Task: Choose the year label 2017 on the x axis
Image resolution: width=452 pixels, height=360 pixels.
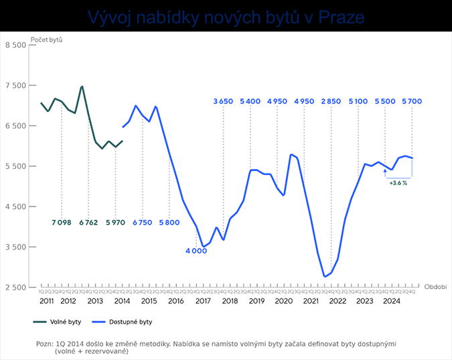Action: (x=202, y=301)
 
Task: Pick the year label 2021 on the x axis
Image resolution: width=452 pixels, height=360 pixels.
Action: (x=311, y=301)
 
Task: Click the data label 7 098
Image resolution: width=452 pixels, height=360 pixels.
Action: (x=62, y=222)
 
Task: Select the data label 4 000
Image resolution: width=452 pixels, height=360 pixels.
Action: (x=197, y=251)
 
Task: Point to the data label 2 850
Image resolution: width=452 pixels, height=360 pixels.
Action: (x=331, y=101)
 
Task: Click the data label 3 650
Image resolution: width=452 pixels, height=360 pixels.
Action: (x=223, y=101)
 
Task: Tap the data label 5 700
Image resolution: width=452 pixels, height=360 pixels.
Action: (x=412, y=101)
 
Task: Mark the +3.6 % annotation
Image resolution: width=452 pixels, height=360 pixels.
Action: (x=398, y=182)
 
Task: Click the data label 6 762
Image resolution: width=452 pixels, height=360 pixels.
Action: (x=89, y=222)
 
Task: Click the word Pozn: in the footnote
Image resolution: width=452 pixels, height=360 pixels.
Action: (x=48, y=343)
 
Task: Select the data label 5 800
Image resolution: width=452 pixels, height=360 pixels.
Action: (x=169, y=222)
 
